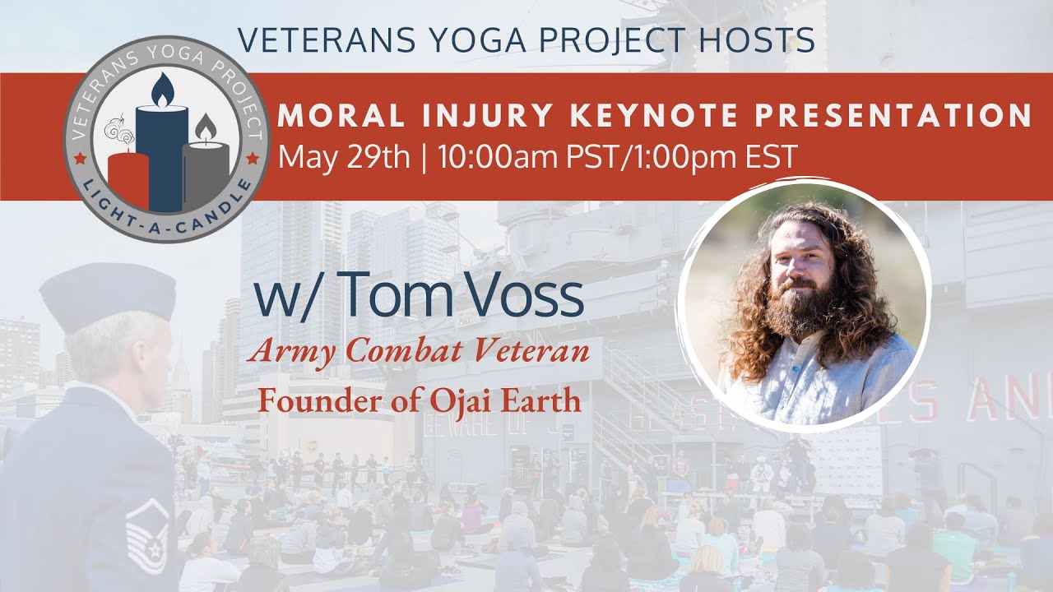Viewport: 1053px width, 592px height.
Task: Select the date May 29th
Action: (x=344, y=156)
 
